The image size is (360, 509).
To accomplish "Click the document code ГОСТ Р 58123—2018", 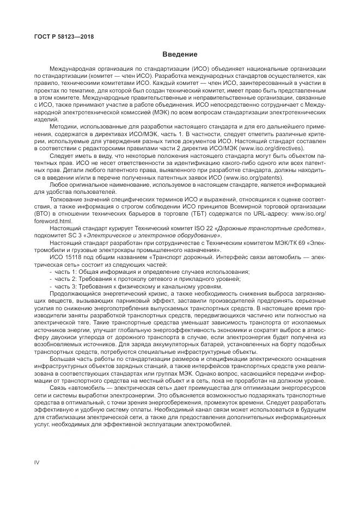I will pos(57,36).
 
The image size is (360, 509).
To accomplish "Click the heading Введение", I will pos(180,54).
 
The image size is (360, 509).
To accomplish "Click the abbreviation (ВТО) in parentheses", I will pos(43,214).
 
